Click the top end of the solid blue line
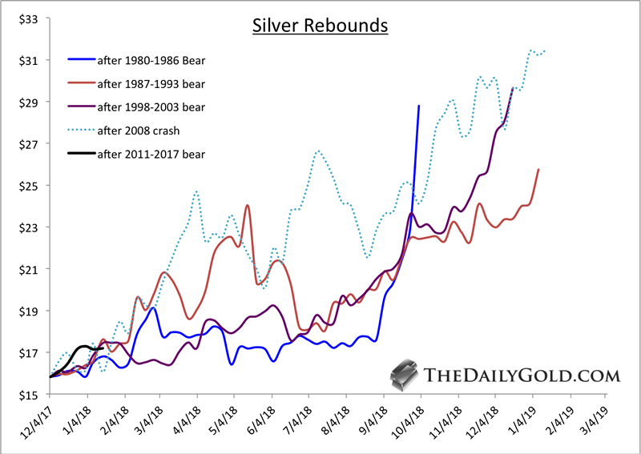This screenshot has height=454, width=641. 418,106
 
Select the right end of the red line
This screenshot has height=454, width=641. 538,170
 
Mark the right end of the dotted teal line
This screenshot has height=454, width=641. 546,52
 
